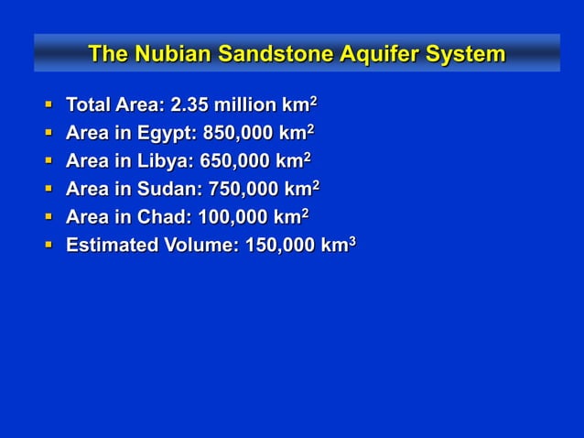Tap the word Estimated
click(x=111, y=246)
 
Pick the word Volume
click(x=201, y=246)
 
